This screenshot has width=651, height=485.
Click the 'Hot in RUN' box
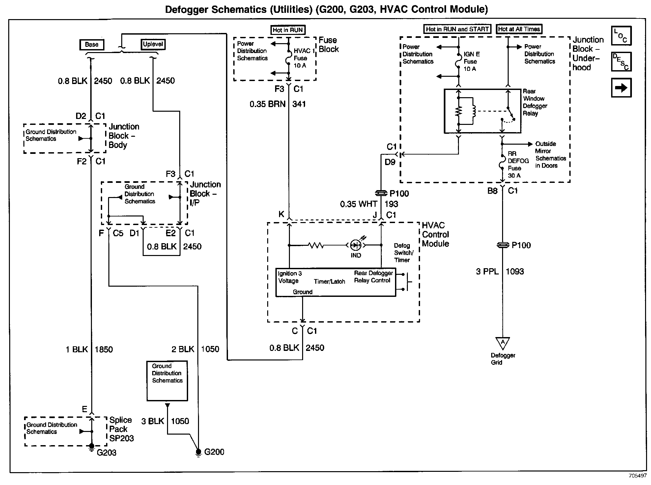point(288,30)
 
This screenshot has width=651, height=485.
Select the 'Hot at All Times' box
point(519,29)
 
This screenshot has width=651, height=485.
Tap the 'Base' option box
point(92,44)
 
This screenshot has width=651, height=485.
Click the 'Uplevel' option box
point(153,44)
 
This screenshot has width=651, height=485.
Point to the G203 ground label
point(106,452)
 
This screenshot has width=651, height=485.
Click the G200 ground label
point(214,452)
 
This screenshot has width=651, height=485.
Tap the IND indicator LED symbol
point(355,245)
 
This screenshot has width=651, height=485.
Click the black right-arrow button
point(621,88)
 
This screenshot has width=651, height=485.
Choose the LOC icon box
point(621,36)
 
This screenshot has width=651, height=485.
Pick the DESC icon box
point(621,62)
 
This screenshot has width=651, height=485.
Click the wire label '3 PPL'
point(487,271)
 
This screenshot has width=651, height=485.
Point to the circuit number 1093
point(515,271)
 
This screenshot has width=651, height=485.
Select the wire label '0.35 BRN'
point(267,104)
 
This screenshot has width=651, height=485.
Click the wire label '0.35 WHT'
point(358,204)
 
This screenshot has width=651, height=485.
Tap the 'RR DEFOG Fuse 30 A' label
point(518,164)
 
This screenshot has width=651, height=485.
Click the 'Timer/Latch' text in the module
point(329,281)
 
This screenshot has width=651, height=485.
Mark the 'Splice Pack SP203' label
point(121,429)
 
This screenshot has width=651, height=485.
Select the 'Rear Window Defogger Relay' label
point(535,102)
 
